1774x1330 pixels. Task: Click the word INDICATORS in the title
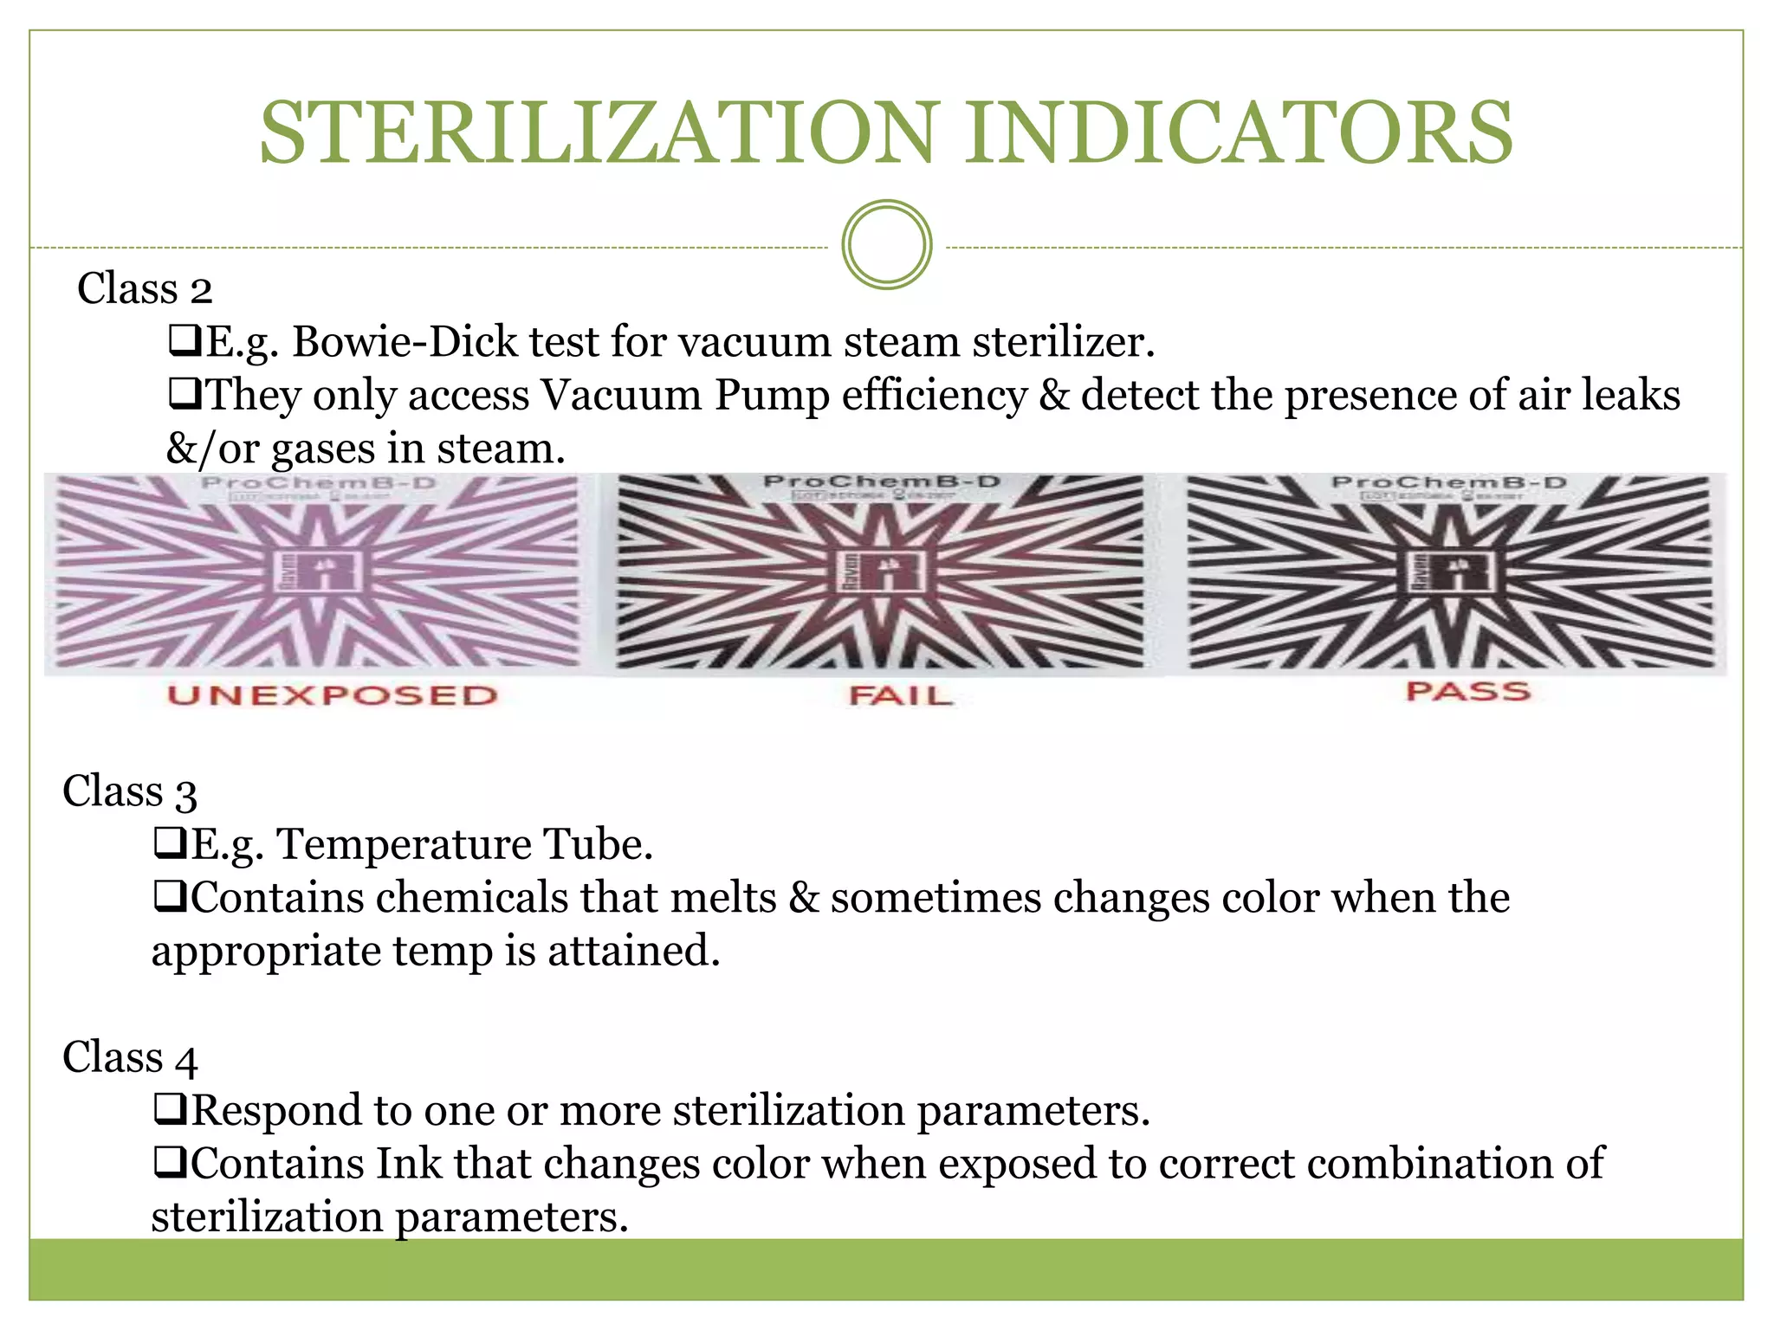pyautogui.click(x=1240, y=133)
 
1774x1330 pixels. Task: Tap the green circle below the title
pyautogui.click(x=886, y=244)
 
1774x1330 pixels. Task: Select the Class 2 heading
pyautogui.click(x=145, y=288)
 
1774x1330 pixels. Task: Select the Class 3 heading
pyautogui.click(x=130, y=791)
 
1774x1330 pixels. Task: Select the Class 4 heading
pyautogui.click(x=130, y=1057)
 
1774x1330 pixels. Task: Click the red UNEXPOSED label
pyautogui.click(x=333, y=695)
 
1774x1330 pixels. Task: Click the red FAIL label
pyautogui.click(x=901, y=695)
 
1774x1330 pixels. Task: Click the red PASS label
pyautogui.click(x=1468, y=692)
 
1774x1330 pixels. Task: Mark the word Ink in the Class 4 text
pyautogui.click(x=409, y=1163)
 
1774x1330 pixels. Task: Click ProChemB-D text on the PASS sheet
pyautogui.click(x=1449, y=482)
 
